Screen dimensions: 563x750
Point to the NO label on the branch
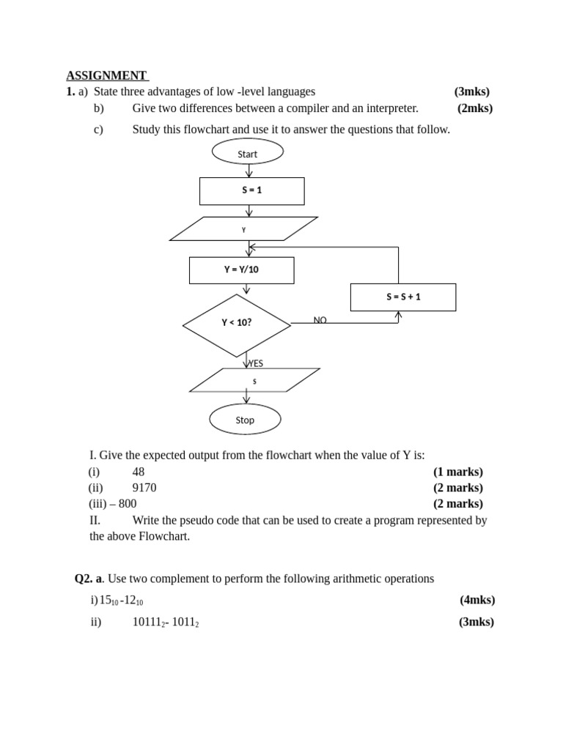(x=320, y=320)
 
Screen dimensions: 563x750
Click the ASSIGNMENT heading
(x=106, y=75)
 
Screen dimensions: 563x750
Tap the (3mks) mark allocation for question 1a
(x=472, y=92)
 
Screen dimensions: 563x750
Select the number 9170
(x=144, y=487)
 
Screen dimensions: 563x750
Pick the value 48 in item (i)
(x=139, y=472)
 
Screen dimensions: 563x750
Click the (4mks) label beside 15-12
(x=477, y=600)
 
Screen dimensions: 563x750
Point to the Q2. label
(x=84, y=579)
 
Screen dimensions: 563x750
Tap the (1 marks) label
(x=458, y=472)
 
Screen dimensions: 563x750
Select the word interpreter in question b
(x=392, y=108)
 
